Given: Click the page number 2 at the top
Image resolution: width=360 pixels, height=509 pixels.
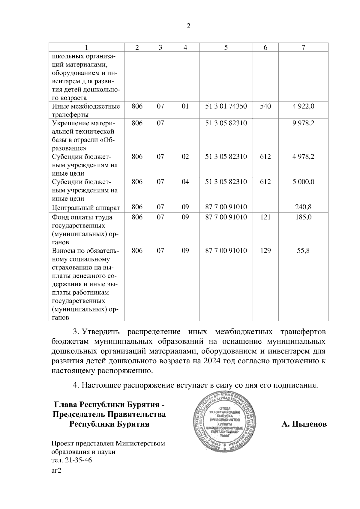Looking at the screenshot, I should (188, 26).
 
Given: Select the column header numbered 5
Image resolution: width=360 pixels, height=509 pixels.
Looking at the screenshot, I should (226, 47).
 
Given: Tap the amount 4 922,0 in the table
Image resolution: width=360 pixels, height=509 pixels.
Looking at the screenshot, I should (303, 106).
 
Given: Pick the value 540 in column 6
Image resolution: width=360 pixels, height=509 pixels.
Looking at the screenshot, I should (265, 106).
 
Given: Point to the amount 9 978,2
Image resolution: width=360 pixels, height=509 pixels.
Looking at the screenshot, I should (303, 123).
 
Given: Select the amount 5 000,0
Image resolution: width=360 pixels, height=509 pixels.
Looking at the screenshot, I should (303, 182).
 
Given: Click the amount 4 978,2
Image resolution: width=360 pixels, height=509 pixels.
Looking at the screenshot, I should (303, 156).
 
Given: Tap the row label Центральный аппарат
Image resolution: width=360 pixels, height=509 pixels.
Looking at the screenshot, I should (86, 207).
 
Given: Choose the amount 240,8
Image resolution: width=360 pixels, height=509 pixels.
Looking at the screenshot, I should (303, 207).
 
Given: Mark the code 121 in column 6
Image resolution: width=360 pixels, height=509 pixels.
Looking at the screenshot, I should (265, 217).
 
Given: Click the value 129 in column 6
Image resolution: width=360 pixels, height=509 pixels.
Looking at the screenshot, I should (265, 251).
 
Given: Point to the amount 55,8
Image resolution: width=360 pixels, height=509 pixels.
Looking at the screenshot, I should (303, 251).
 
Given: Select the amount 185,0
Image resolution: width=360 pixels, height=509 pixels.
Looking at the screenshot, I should (303, 217).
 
